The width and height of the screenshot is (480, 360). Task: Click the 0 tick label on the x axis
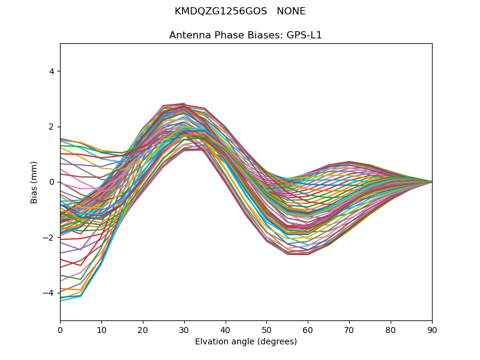point(60,329)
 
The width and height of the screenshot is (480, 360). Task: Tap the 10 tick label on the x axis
point(101,329)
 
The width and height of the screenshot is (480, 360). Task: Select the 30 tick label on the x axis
point(184,329)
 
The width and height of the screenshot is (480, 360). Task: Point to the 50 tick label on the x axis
point(266,329)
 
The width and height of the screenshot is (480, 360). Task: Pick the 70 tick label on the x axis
point(349,329)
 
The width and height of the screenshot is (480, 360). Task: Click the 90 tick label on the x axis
point(432,329)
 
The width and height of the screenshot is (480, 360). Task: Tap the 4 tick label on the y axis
point(51,71)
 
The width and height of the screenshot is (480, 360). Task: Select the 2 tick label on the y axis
point(51,127)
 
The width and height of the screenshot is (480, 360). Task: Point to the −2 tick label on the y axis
point(49,238)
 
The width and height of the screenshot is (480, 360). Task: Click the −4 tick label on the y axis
point(49,293)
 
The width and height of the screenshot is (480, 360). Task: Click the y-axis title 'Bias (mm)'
point(34,182)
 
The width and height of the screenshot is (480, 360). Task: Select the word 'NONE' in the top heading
point(291,11)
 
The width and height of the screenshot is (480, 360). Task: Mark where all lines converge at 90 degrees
point(431,182)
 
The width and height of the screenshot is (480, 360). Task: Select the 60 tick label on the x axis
point(308,329)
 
